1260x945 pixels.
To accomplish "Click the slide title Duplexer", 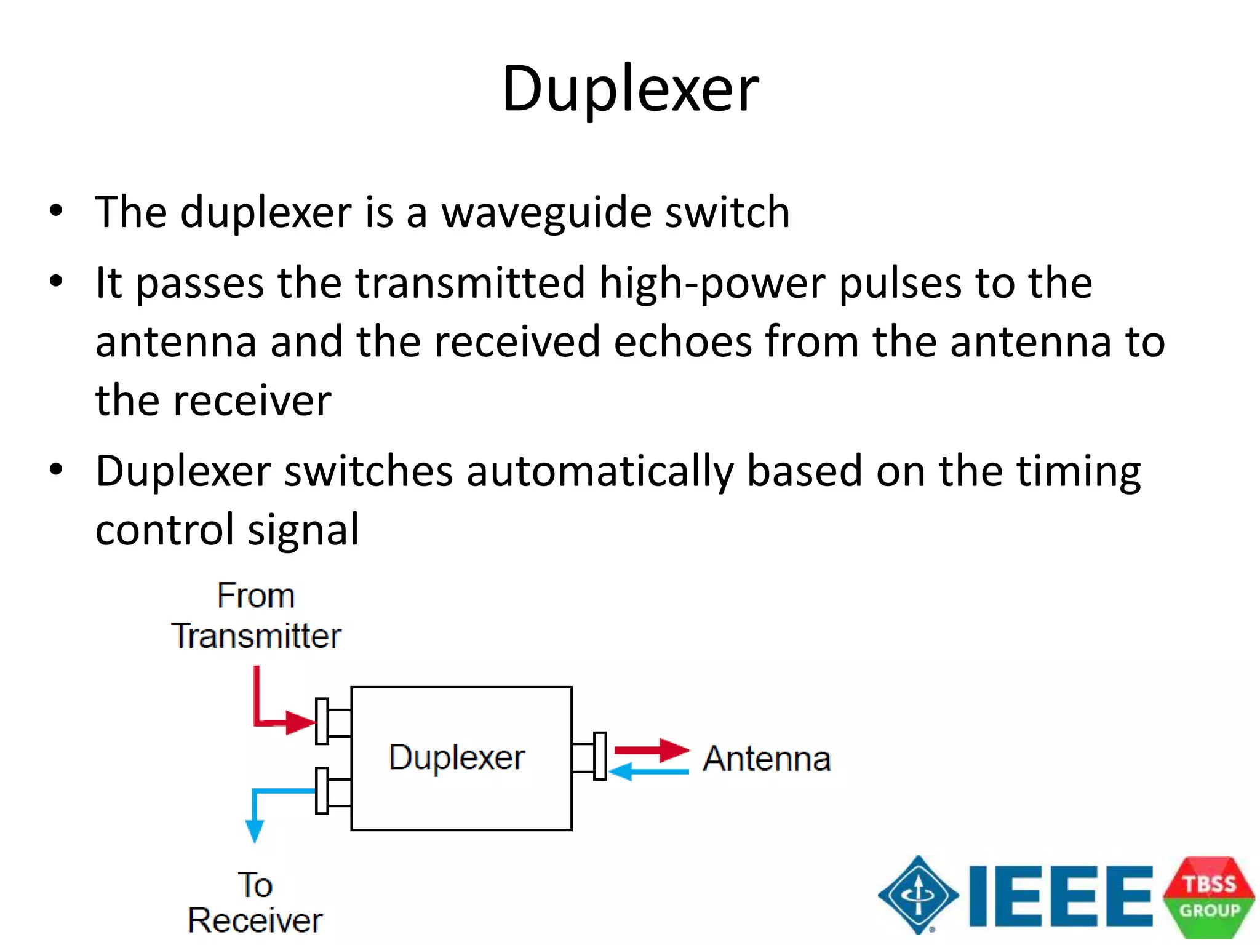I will [630, 89].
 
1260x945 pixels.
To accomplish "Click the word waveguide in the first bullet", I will [546, 213].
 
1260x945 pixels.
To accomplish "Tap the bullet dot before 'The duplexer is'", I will [57, 212].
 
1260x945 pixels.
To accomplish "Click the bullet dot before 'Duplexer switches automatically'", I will [57, 471].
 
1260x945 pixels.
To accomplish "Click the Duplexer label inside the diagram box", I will [457, 757].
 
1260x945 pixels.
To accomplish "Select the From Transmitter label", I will [256, 616].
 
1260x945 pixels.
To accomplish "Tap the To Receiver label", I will [255, 903].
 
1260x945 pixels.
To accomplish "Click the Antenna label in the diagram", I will [767, 759].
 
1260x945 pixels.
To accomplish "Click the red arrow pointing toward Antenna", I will [652, 749].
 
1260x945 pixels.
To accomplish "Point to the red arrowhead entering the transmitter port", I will [300, 722].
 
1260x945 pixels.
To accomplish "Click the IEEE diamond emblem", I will [918, 895].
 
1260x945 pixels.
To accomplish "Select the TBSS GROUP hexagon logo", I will [1208, 897].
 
